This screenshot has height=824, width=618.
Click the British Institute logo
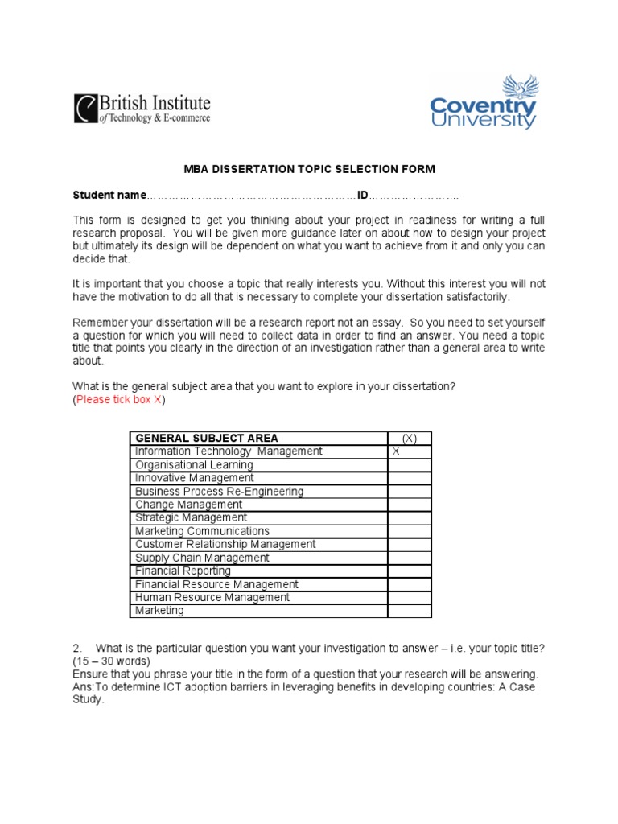pyautogui.click(x=142, y=109)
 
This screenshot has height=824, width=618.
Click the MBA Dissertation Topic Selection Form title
pyautogui.click(x=309, y=169)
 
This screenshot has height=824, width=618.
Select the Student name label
pyautogui.click(x=109, y=196)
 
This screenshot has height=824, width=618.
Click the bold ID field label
pyautogui.click(x=363, y=196)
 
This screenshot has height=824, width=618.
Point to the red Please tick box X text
pyautogui.click(x=119, y=400)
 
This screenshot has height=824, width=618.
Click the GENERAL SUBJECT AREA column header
pyautogui.click(x=207, y=438)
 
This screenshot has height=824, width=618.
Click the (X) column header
pyautogui.click(x=409, y=438)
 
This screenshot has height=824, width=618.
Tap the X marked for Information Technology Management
pyautogui.click(x=396, y=451)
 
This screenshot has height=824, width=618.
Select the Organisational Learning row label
pyautogui.click(x=194, y=465)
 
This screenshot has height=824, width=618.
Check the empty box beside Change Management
pyautogui.click(x=409, y=505)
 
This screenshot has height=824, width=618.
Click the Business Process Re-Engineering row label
pyautogui.click(x=220, y=492)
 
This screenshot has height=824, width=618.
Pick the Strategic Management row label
pyautogui.click(x=192, y=517)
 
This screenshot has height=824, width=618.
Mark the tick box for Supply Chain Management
pyautogui.click(x=409, y=558)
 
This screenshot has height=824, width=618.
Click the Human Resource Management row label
pyautogui.click(x=212, y=597)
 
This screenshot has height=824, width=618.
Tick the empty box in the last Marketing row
pyautogui.click(x=409, y=611)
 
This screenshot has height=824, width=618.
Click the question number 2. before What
pyautogui.click(x=77, y=649)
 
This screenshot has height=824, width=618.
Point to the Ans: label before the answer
pyautogui.click(x=84, y=687)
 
